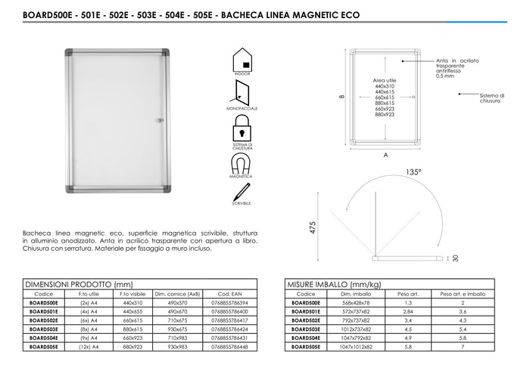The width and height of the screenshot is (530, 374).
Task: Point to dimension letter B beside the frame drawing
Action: [342, 97]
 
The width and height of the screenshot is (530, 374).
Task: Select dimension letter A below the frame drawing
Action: [386, 156]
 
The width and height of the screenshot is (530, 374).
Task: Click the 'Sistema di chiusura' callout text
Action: [491, 98]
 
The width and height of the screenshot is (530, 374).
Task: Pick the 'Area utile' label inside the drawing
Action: [385, 79]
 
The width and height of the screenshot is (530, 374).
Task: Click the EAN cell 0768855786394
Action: [230, 302]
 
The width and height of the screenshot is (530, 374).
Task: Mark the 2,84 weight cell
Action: [408, 310]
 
